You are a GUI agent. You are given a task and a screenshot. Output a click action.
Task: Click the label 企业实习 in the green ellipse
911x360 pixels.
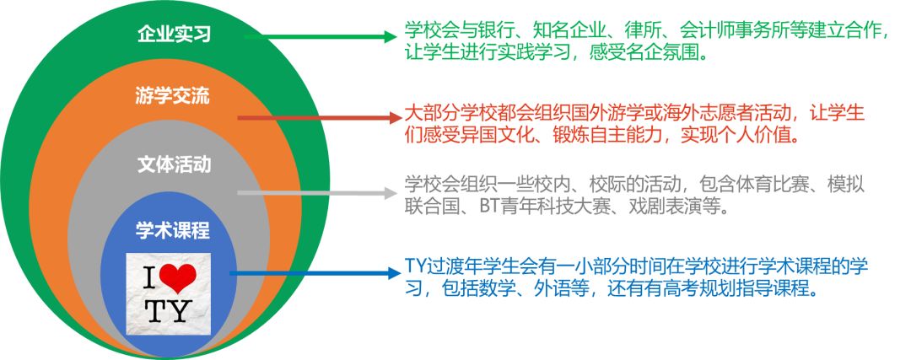[x=174, y=35]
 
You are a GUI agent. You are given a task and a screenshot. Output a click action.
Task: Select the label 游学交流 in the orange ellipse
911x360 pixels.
[x=173, y=96]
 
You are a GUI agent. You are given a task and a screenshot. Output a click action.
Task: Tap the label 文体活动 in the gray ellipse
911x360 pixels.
[x=174, y=165]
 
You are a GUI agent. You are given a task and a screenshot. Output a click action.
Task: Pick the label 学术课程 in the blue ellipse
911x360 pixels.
[x=173, y=230]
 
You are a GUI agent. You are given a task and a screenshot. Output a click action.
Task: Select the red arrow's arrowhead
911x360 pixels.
[x=396, y=118]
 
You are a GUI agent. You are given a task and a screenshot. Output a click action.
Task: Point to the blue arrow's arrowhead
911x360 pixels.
[x=394, y=273]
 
